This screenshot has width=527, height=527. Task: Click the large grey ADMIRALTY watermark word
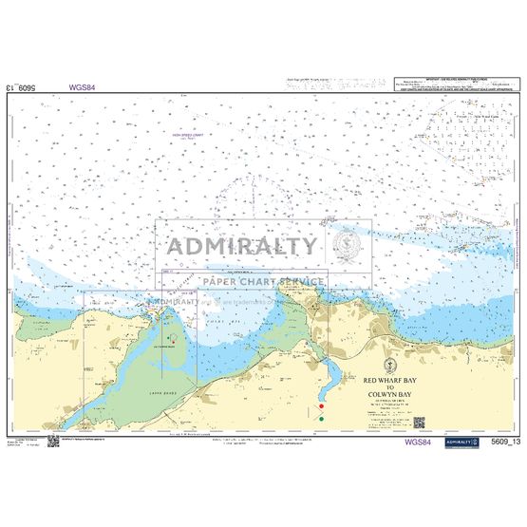pos(242,246)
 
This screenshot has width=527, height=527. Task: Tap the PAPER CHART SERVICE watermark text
pos(261,281)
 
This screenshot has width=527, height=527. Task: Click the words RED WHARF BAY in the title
pos(390,377)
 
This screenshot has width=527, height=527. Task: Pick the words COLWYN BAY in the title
pos(390,392)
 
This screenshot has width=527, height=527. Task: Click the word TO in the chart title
pos(390,385)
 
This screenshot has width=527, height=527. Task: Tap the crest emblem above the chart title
pos(390,364)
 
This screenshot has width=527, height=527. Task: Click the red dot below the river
pos(322,406)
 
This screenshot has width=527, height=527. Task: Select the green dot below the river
pos(322,418)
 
